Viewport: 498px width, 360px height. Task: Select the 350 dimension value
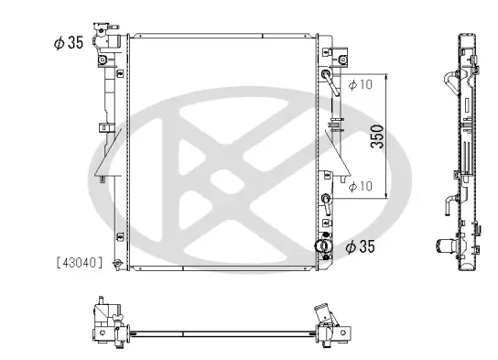coord(375,136)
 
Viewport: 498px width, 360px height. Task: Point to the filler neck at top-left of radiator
coord(112,45)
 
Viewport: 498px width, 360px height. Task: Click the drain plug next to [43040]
coord(115,265)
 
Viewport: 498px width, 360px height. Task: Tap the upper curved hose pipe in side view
coord(450,82)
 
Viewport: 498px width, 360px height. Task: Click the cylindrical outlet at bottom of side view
coord(447,245)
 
